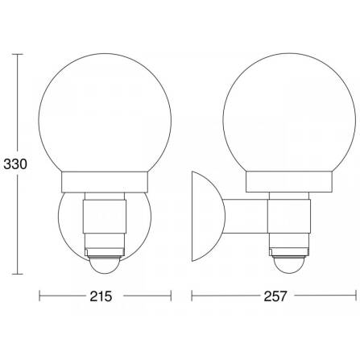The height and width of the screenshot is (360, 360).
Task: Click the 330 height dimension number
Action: point(15,164)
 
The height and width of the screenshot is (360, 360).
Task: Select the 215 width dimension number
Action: point(101,296)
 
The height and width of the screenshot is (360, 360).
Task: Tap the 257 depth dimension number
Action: point(275,296)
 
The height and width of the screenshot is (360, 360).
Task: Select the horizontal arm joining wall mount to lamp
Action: point(246,216)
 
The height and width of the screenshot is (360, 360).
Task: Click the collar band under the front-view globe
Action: point(105,182)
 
